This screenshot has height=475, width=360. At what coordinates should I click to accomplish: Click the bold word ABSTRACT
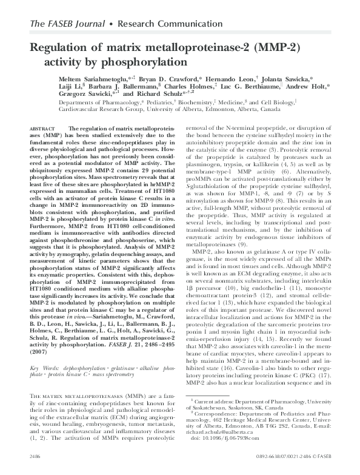click(42, 129)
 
